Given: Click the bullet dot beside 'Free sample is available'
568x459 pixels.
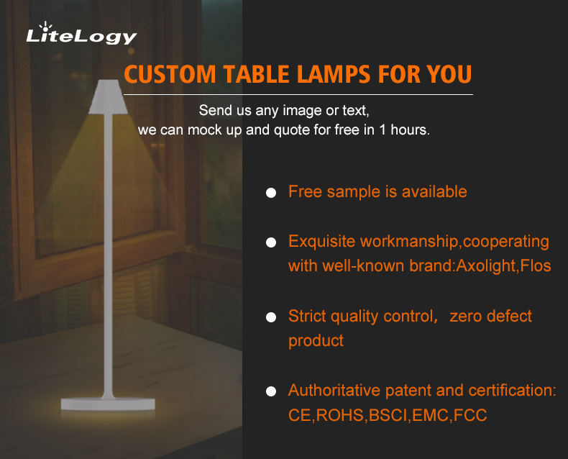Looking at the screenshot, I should (x=271, y=193).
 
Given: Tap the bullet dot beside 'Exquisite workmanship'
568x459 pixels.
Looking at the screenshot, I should (x=271, y=242).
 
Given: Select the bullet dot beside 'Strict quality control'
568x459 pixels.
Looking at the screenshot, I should (x=271, y=317).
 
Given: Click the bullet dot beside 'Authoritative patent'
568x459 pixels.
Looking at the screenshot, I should (x=271, y=392).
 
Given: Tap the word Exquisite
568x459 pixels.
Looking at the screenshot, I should (x=321, y=242).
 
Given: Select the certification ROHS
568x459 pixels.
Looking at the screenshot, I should (x=341, y=416).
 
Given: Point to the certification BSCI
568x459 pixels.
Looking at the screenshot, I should (x=388, y=416).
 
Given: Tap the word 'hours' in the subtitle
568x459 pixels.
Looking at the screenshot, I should (x=410, y=132).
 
